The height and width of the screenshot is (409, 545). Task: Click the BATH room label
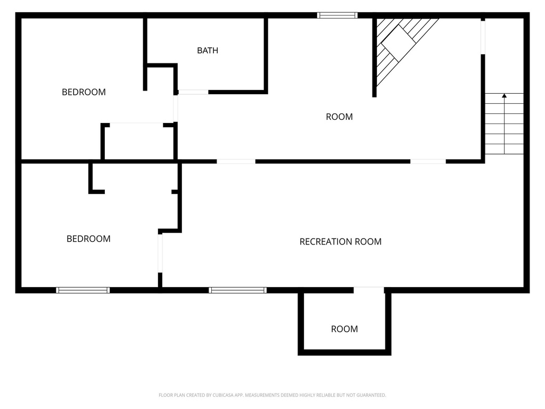[x=208, y=51]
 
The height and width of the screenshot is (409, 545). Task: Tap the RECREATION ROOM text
[x=340, y=242]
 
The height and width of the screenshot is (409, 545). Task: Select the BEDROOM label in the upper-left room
[x=84, y=92]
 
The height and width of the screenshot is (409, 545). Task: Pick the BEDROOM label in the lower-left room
[x=88, y=239]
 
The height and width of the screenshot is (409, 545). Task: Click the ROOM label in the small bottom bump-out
[x=344, y=329]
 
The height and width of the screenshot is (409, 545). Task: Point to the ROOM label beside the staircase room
[x=339, y=117]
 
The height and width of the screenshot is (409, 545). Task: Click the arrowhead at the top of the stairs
[x=504, y=96]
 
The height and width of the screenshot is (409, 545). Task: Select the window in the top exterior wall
[x=337, y=15]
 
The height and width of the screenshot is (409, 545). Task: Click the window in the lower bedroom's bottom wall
[x=82, y=290]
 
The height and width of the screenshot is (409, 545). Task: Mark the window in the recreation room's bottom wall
[x=237, y=290]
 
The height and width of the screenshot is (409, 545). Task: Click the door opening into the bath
[x=193, y=92]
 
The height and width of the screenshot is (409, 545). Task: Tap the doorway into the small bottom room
[x=369, y=290]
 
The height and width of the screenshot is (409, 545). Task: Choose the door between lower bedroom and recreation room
[x=160, y=253]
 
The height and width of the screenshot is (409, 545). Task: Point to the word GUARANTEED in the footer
[x=369, y=395]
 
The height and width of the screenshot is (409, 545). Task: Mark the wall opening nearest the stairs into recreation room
[x=428, y=161]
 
